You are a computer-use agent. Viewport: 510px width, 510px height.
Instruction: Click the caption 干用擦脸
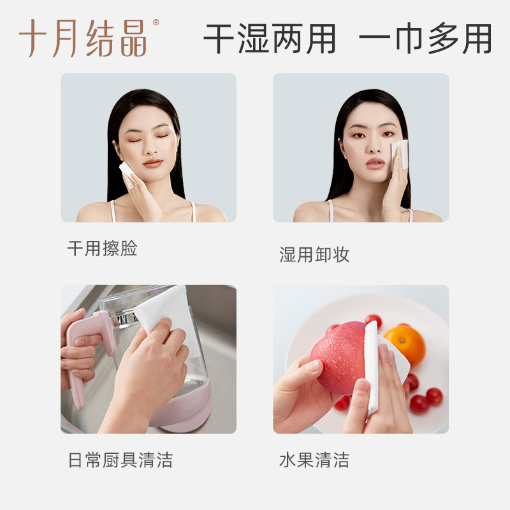[102, 249]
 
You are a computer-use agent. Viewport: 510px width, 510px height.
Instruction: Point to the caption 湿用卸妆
[314, 255]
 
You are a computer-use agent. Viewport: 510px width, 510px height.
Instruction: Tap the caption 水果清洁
[314, 460]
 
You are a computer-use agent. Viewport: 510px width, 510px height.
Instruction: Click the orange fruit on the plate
[404, 345]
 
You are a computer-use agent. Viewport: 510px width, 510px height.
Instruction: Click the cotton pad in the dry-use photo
[126, 173]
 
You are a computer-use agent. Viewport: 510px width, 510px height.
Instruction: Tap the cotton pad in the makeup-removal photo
[400, 155]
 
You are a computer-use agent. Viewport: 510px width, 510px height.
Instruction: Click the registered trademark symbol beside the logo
[156, 23]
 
